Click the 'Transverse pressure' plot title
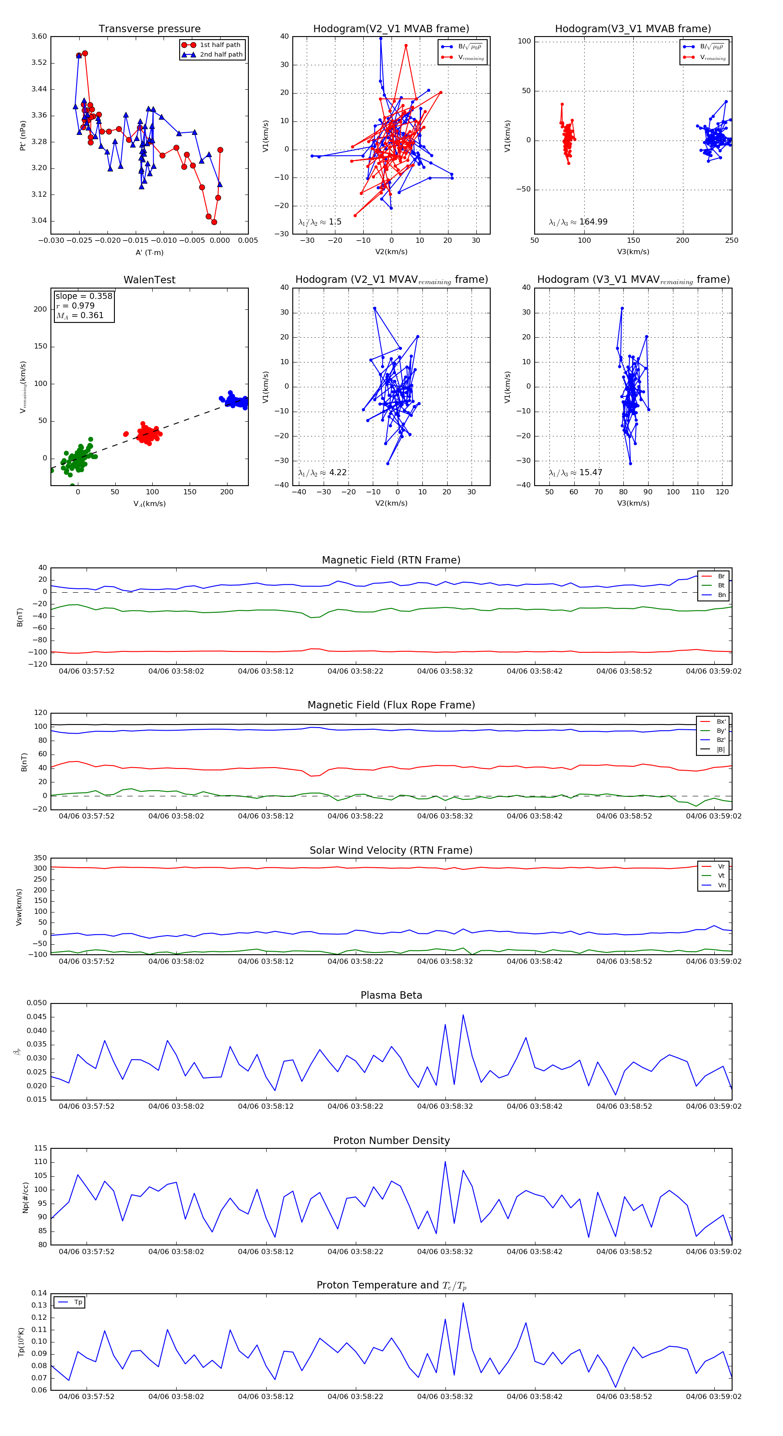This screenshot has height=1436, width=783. (149, 29)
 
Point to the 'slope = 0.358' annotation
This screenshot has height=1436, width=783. (84, 296)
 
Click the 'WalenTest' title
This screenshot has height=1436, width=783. (149, 280)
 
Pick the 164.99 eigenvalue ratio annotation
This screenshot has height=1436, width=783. (578, 222)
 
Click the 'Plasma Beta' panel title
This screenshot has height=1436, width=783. (391, 996)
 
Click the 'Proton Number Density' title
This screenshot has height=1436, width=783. (391, 1141)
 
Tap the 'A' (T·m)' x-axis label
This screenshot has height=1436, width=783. (149, 252)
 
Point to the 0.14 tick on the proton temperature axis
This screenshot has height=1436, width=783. (39, 1293)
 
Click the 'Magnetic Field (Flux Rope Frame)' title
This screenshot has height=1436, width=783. (391, 705)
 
